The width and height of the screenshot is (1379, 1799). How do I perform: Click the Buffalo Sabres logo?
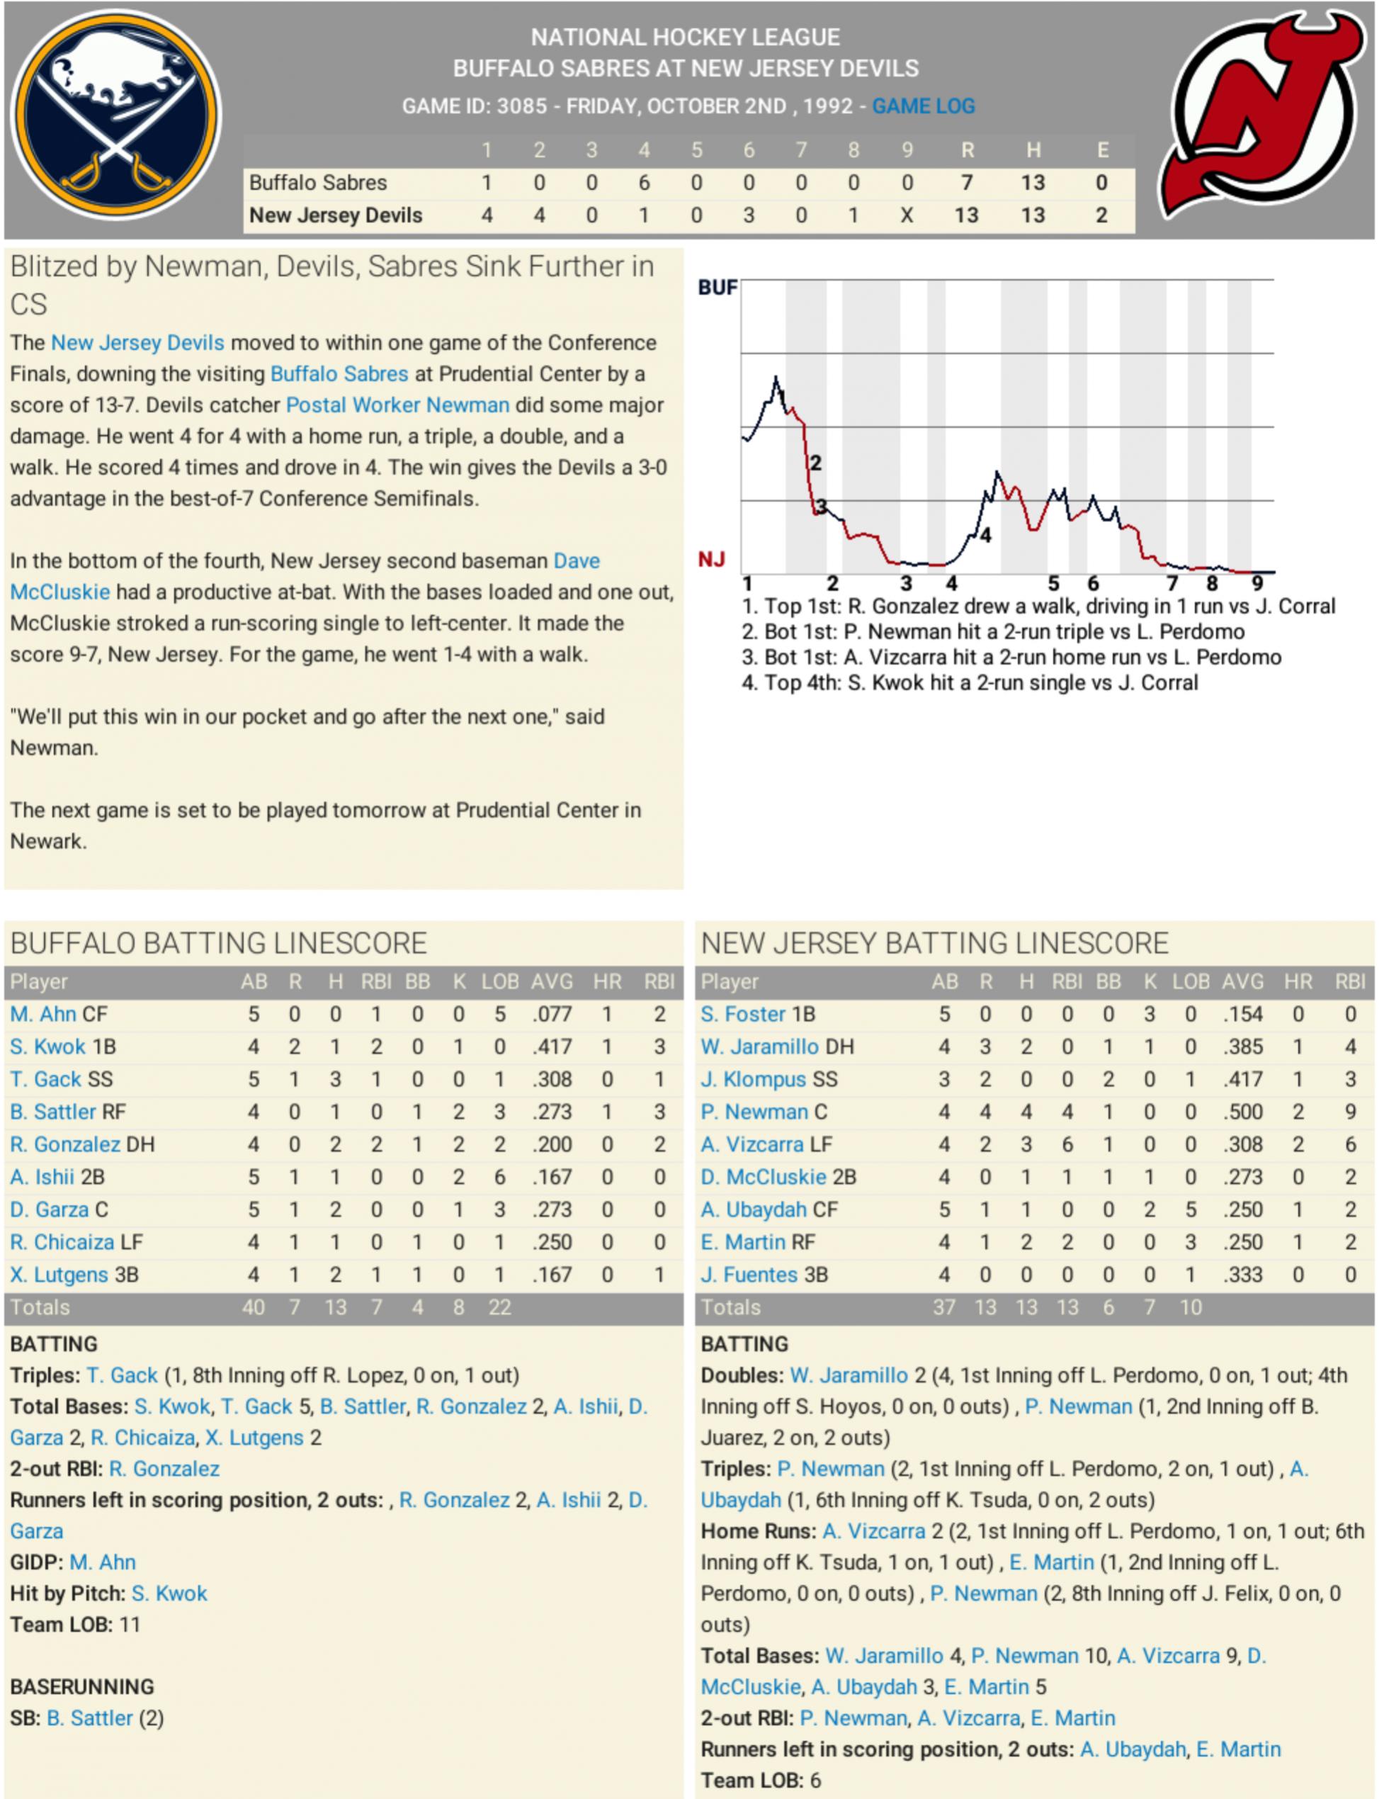click(115, 115)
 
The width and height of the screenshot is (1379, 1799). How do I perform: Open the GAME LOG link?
click(923, 106)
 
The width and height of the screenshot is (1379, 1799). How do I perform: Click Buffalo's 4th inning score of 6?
click(644, 182)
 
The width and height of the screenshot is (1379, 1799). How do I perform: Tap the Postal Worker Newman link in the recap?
click(397, 405)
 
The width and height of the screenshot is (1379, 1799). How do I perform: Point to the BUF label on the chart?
click(717, 288)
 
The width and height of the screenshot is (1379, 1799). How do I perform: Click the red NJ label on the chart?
click(711, 560)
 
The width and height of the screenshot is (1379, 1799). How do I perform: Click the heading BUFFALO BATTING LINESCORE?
click(218, 943)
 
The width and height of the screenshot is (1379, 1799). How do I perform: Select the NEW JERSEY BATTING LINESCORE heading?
click(934, 943)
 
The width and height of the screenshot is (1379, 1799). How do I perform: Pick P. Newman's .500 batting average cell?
click(1242, 1112)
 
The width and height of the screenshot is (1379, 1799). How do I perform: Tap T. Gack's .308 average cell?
click(552, 1079)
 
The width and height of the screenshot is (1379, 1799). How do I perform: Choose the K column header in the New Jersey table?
click(1150, 981)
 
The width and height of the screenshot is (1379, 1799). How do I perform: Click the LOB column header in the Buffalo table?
click(499, 981)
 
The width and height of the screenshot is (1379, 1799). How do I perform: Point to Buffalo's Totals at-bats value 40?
click(253, 1307)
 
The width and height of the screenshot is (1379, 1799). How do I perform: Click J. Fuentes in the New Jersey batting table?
click(749, 1275)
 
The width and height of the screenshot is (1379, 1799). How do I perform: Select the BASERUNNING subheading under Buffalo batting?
click(82, 1686)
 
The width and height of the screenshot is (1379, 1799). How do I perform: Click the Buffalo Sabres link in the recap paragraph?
click(339, 373)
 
